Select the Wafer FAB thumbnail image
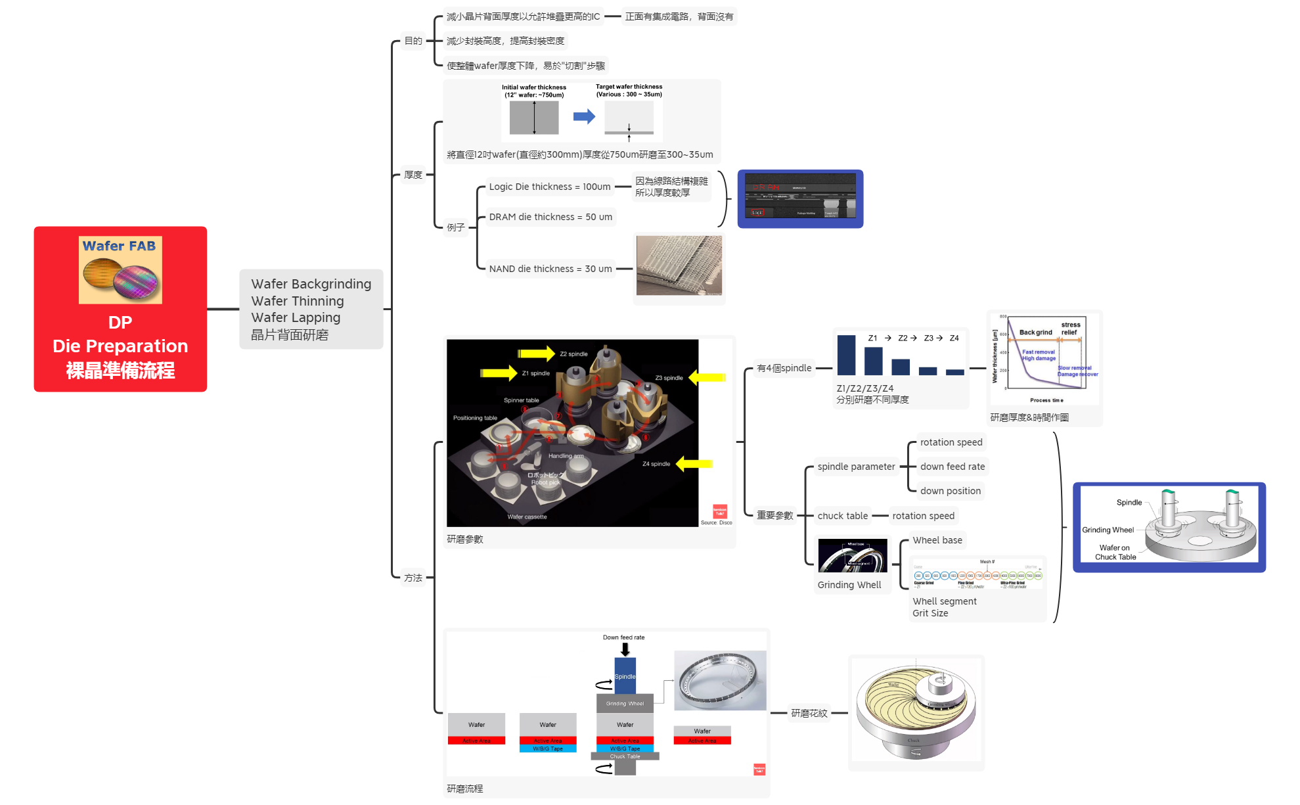[x=120, y=269]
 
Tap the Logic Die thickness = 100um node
[x=549, y=187]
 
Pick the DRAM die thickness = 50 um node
[x=550, y=217]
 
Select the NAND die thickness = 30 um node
[x=550, y=269]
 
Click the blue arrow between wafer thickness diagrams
[x=583, y=117]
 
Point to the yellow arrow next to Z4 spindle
[x=694, y=464]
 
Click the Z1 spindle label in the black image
[x=535, y=373]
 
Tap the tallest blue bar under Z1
[x=846, y=355]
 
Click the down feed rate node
[x=952, y=467]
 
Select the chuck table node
[x=842, y=516]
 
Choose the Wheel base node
[x=937, y=540]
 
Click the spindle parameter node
[x=855, y=467]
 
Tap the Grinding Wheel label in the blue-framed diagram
[x=1108, y=530]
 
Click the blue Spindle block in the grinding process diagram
[x=625, y=676]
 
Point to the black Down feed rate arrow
[x=625, y=649]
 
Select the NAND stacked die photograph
[x=679, y=265]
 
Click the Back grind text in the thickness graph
[x=1035, y=333]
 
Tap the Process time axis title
[x=1046, y=400]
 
